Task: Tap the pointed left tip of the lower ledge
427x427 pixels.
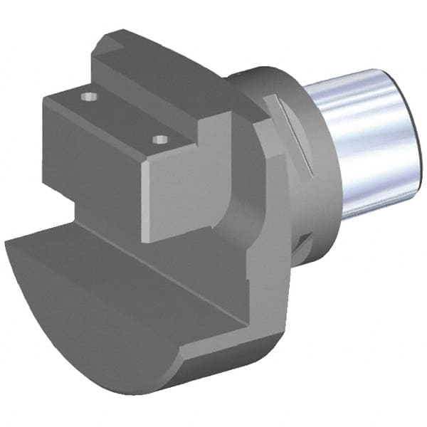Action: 9,246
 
